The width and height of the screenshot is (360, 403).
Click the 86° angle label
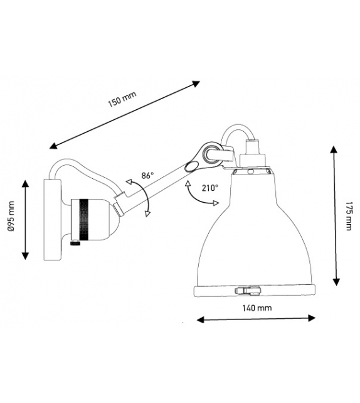coord(148,176)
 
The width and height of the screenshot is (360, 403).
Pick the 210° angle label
coord(211,187)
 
